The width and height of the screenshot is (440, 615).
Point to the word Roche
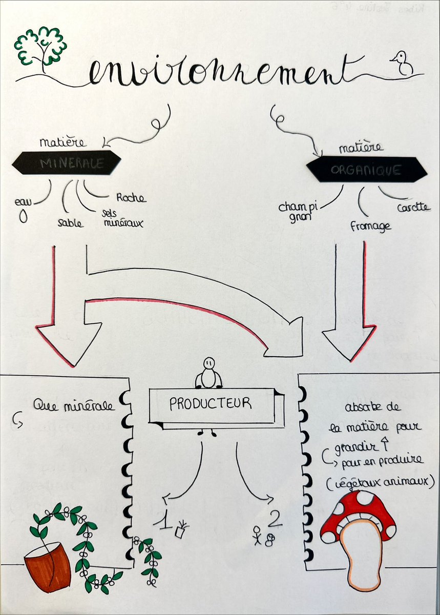131,198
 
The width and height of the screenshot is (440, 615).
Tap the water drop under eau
22,217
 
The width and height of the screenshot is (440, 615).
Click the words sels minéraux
123,218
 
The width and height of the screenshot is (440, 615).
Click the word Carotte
413,209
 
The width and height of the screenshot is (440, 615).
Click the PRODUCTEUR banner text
211,404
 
